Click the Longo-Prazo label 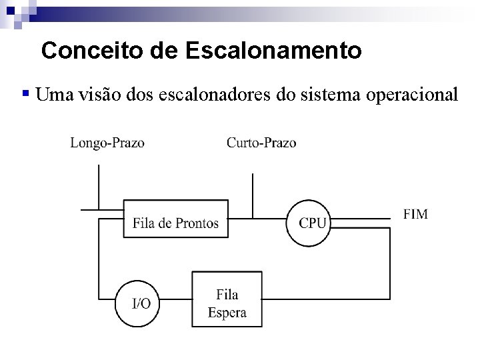click(x=107, y=142)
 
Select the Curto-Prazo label click(x=262, y=142)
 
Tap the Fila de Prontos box click(x=175, y=217)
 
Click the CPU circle click(x=309, y=222)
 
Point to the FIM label click(x=415, y=214)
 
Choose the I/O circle click(x=141, y=303)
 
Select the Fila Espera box click(x=227, y=303)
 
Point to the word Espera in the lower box click(x=227, y=312)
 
